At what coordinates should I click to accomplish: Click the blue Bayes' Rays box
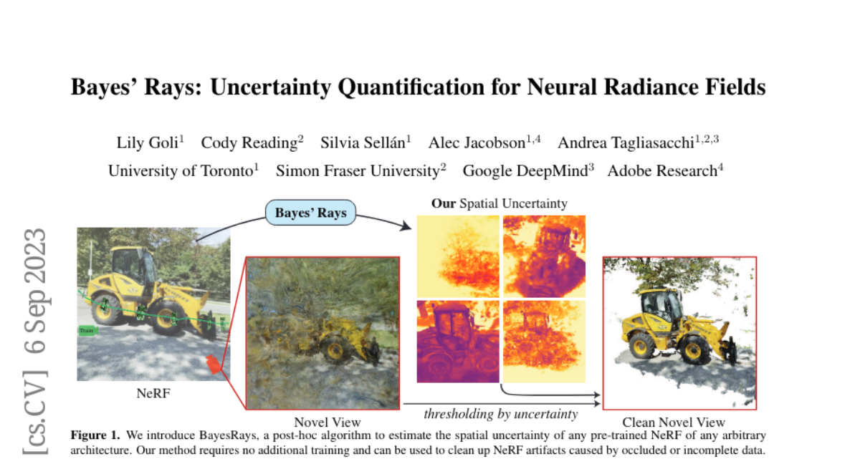pos(310,213)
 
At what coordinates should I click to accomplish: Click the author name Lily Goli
pos(148,142)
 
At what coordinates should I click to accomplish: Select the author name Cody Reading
pos(249,142)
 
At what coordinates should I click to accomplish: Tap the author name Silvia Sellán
pos(363,142)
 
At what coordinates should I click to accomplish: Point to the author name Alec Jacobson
pos(477,142)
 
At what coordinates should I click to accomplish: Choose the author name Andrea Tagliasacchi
pos(626,142)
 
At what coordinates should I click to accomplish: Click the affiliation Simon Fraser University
pos(358,170)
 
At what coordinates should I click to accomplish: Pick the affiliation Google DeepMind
pos(525,170)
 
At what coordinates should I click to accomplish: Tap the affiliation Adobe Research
pos(662,170)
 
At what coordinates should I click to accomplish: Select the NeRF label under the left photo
pos(153,393)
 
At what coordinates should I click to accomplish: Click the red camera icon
pos(214,364)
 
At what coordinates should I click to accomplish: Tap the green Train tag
pos(87,331)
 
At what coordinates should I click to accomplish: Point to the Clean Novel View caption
pos(674,422)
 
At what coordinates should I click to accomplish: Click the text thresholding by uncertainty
pos(501,414)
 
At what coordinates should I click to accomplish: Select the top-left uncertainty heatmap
pos(458,256)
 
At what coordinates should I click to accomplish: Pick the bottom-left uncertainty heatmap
pos(458,342)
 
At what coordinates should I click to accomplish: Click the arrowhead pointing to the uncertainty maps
pos(406,226)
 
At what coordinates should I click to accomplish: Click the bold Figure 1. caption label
pos(95,435)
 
